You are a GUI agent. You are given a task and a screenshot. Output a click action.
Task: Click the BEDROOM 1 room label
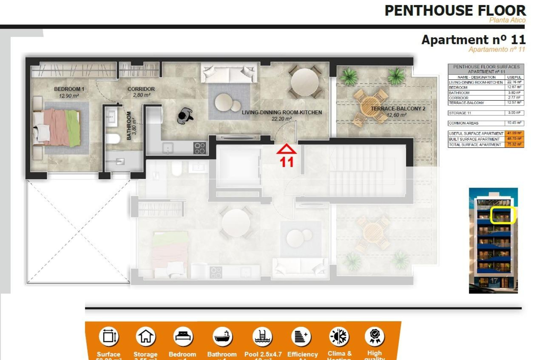point(69,89)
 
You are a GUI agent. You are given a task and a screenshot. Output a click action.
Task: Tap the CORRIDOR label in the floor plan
point(141,89)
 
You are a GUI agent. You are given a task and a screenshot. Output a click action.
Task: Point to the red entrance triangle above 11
point(286,149)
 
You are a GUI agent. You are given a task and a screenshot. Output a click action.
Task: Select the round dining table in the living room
point(305,82)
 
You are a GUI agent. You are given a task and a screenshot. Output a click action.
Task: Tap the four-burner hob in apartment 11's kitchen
point(200,148)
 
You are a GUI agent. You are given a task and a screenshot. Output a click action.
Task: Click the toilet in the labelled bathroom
point(112,139)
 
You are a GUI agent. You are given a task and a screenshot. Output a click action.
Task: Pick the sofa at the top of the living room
point(229,73)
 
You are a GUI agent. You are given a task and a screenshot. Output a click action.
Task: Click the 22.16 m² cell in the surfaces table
point(514,82)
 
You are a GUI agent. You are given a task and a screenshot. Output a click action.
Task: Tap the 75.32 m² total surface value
point(514,145)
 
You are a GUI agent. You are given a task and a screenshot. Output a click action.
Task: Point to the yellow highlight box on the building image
point(502,215)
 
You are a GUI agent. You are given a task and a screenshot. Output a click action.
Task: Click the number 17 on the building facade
point(494,281)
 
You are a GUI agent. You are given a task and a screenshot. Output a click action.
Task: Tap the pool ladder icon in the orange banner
point(262,336)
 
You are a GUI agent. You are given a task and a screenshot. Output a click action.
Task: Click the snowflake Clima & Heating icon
point(339,336)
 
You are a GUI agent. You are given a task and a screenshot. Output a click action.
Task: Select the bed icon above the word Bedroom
point(183,336)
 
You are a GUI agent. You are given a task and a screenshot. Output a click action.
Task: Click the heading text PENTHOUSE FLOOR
point(455,11)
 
